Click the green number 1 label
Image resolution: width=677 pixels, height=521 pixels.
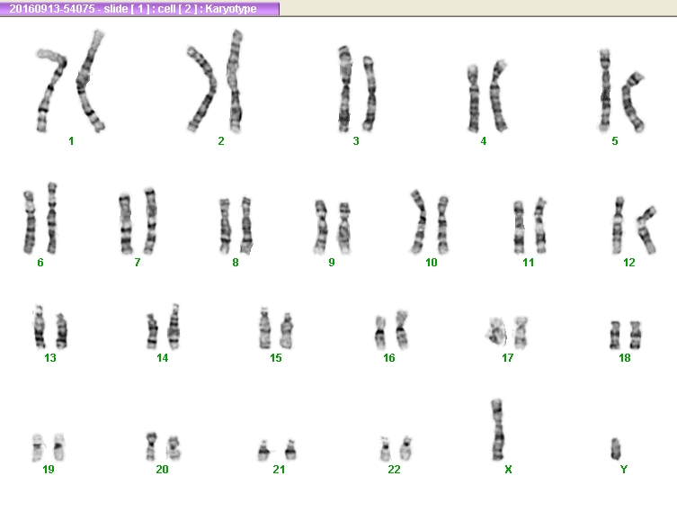pos(71,141)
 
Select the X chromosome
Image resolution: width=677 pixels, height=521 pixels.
pos(497,430)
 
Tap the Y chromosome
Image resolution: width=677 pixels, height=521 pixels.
pos(616,449)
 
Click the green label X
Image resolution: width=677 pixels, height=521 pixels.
pos(508,469)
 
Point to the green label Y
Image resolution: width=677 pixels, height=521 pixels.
pos(623,469)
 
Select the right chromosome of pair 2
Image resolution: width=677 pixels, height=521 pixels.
pos(235,81)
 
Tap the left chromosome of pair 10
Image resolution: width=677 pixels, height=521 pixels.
pos(419,221)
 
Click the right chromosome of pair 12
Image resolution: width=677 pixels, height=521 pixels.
pos(646,229)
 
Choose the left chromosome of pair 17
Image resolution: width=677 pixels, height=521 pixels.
pos(497,332)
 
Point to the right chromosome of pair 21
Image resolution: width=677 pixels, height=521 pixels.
pos(290,450)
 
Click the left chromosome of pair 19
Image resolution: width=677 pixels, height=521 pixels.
pos(38,447)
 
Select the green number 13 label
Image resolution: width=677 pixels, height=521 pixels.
pos(50,358)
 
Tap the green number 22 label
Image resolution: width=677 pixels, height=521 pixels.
pos(394,469)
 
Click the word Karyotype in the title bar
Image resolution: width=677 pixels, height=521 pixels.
pos(230,9)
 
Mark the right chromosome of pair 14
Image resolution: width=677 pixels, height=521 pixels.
pos(174,327)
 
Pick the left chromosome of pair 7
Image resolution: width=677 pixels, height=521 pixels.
pos(125,223)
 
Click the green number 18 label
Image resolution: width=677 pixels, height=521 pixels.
pos(624,358)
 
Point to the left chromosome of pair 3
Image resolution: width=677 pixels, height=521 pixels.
pos(344,88)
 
